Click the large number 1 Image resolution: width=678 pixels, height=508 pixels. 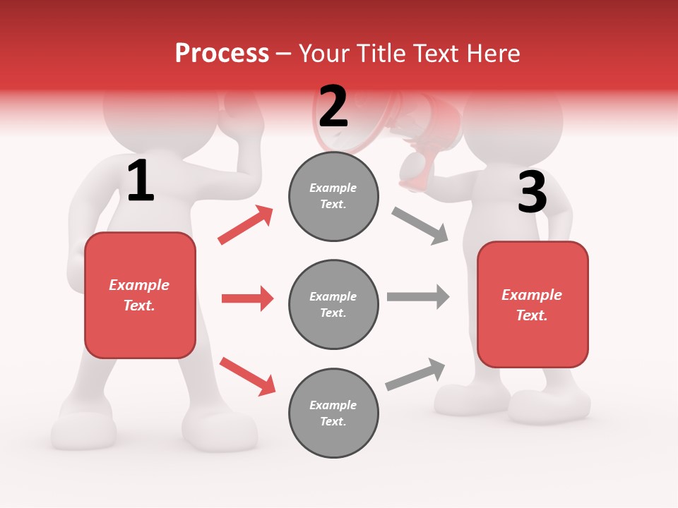[x=141, y=181]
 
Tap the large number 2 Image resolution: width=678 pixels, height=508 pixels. [x=333, y=107]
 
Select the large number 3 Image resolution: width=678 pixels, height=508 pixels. [x=532, y=193]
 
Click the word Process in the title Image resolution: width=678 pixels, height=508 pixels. [x=222, y=53]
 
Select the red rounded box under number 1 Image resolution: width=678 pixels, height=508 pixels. [x=140, y=295]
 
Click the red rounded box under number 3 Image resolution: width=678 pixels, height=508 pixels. [x=533, y=305]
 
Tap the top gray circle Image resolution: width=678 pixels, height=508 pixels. [x=333, y=196]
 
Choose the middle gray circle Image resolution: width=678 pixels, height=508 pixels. [x=333, y=304]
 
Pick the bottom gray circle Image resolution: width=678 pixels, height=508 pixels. [x=333, y=413]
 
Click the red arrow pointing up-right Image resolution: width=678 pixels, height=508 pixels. [x=246, y=225]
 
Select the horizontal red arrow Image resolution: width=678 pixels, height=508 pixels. [x=247, y=298]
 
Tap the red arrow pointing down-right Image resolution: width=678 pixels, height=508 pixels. [x=247, y=376]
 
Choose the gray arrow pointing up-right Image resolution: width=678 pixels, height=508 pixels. [x=415, y=375]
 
